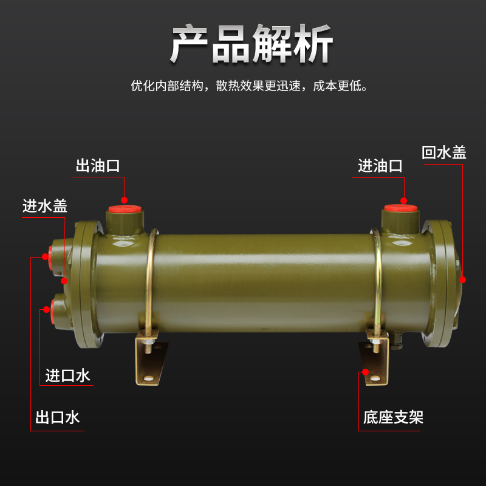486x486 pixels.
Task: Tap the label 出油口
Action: tap(98, 166)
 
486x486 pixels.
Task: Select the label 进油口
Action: tap(380, 165)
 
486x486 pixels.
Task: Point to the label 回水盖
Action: tap(444, 152)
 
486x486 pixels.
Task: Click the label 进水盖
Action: tap(45, 206)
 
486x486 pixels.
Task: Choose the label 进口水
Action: tap(68, 375)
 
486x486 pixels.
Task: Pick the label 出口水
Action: tap(58, 417)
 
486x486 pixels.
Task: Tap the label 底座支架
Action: tap(393, 417)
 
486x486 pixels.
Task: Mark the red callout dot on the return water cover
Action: tap(463, 279)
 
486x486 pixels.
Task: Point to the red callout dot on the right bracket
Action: tap(365, 372)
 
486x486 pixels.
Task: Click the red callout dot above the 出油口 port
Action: tap(124, 200)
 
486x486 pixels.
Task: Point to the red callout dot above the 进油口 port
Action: tap(403, 200)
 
